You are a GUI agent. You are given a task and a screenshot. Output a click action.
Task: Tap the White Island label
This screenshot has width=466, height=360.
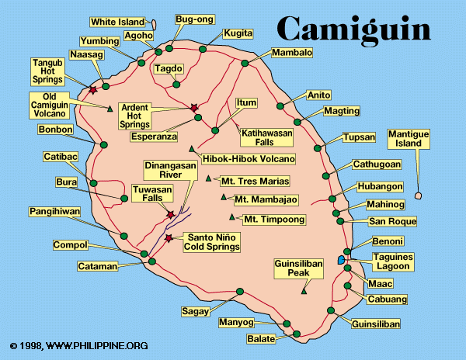coord(117,22)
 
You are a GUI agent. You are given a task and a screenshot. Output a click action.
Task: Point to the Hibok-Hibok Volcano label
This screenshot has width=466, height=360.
coord(249,159)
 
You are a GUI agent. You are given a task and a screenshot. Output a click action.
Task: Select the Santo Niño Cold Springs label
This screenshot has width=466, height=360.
coord(210,242)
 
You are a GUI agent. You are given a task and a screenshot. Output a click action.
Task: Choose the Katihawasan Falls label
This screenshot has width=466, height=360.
coord(262,137)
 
